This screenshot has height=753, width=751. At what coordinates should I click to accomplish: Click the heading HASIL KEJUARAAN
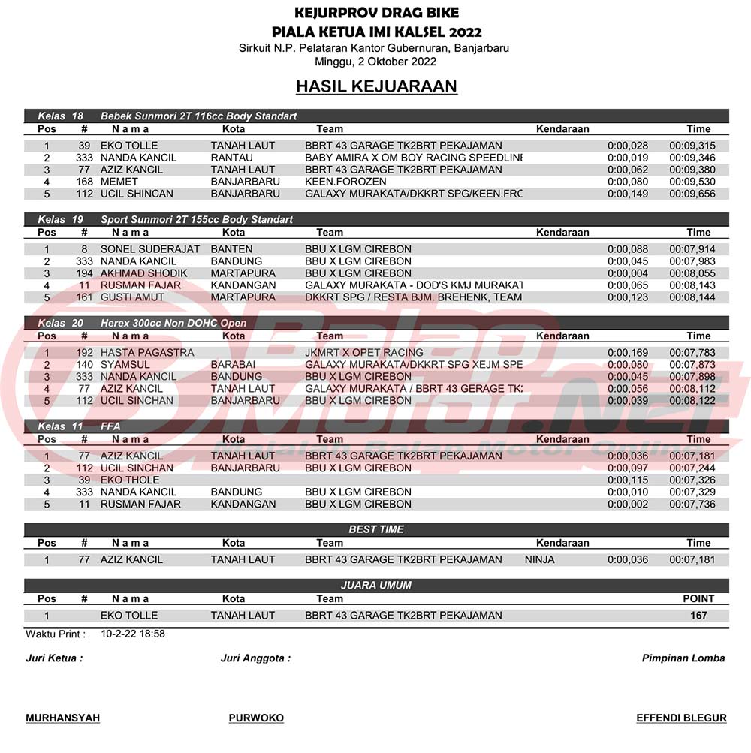pos(376,86)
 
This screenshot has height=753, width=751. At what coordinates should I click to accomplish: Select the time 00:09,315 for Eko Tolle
pos(692,146)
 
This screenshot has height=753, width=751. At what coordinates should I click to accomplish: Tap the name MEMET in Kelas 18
pos(119,182)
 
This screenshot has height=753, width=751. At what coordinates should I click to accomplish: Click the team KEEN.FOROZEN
pos(345,182)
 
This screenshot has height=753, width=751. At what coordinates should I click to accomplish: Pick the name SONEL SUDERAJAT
pos(150,249)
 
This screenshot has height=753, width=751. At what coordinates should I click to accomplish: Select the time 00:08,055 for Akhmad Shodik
pos(692,273)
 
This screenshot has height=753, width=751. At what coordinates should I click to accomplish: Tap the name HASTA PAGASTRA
pos(147,353)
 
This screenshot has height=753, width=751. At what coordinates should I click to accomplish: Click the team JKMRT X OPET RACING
pos(364,353)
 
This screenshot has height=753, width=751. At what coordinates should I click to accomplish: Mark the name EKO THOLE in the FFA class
pos(130,480)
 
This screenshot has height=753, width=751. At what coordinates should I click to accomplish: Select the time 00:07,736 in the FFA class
pos(692,505)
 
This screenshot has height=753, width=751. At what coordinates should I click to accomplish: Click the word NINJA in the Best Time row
pos(540,560)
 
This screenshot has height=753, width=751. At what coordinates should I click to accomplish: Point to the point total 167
pos(698,616)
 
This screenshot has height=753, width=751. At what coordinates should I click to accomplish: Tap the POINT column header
pos(698,599)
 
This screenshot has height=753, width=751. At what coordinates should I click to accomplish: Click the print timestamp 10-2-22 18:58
pos(133,634)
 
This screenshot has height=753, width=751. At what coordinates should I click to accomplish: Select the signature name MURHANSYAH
pos(63,718)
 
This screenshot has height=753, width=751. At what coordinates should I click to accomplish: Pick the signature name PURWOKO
pos(256,718)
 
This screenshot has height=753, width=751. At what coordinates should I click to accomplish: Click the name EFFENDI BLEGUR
pos(681,718)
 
